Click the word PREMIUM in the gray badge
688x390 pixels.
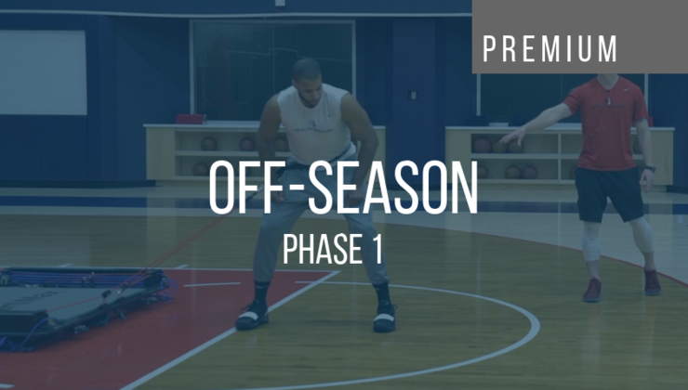pos(550,48)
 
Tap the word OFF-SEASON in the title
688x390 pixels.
pos(343,190)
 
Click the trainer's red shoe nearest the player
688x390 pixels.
pos(592,290)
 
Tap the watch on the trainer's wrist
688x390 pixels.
pos(649,169)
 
